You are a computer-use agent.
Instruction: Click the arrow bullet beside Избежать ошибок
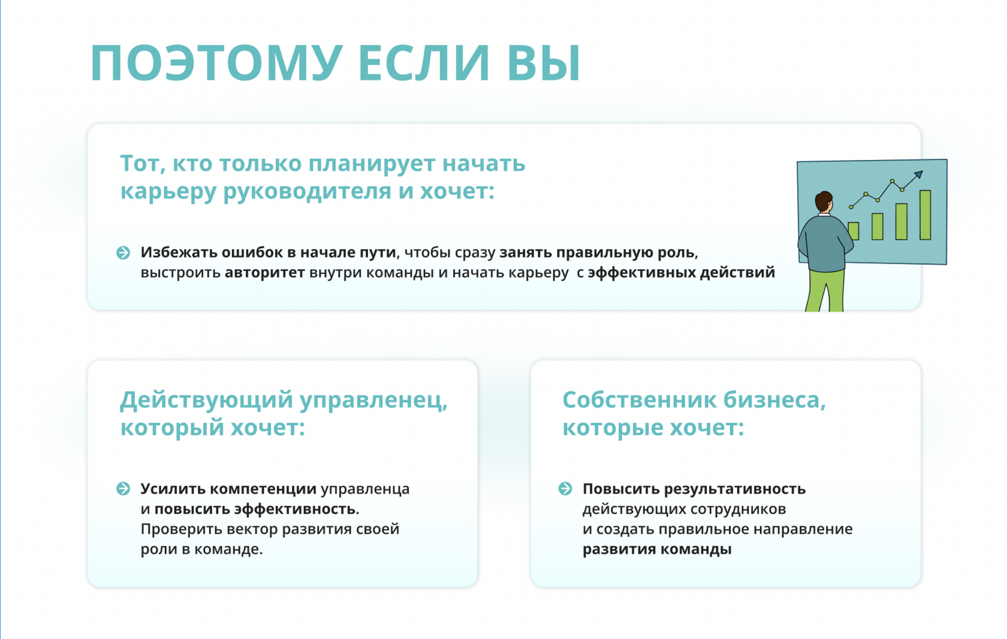(123, 252)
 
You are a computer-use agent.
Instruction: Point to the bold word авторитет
(265, 273)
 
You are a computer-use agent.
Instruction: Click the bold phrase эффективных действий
(682, 273)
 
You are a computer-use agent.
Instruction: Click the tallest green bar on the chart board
(925, 215)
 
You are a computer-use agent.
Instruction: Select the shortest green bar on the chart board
(854, 231)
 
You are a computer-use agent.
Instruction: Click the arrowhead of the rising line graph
(918, 174)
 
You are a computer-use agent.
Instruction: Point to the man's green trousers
(825, 290)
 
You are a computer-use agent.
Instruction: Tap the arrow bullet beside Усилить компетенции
(123, 489)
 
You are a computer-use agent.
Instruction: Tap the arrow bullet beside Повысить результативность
(566, 489)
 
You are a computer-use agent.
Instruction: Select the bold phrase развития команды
(657, 549)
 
